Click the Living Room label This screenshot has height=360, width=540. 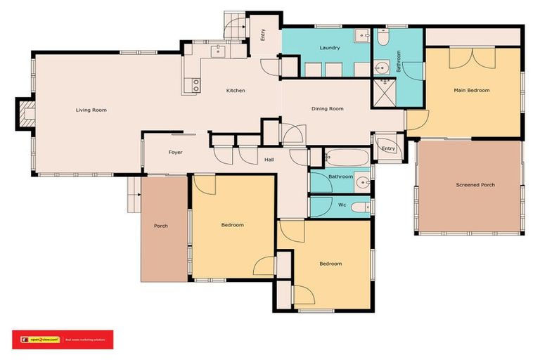[91, 110]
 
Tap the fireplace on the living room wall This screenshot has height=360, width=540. [27, 113]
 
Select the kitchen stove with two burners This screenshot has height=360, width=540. [195, 85]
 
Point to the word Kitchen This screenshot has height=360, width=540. [236, 91]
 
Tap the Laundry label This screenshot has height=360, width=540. [330, 48]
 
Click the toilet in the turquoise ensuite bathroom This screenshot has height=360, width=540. [382, 39]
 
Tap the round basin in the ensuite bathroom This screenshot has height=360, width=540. [382, 69]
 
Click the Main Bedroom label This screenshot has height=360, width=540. [471, 90]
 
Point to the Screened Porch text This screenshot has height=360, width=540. [475, 185]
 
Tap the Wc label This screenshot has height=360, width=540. [342, 205]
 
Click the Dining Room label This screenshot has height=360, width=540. [328, 108]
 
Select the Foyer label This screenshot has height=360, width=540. [176, 152]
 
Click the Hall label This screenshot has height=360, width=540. [269, 160]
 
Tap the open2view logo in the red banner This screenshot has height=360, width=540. [41, 340]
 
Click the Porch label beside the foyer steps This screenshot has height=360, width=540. [160, 226]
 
